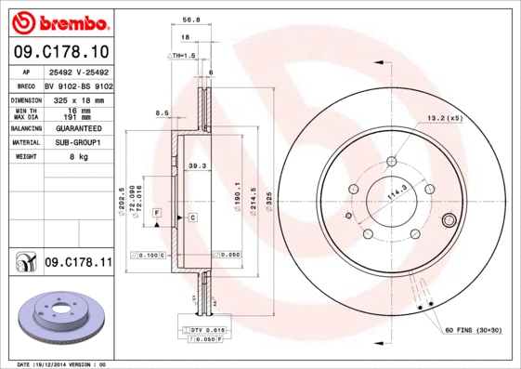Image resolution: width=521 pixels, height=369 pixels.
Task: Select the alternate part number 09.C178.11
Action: click(x=78, y=263)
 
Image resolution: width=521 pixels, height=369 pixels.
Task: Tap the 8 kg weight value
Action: click(x=78, y=157)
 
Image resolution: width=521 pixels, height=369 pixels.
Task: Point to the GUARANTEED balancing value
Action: click(x=78, y=128)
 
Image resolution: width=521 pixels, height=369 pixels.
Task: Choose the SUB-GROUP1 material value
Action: click(x=78, y=143)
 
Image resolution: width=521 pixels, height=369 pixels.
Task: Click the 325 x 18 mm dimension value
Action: click(x=78, y=99)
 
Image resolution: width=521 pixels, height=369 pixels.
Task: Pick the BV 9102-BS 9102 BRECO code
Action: click(x=78, y=85)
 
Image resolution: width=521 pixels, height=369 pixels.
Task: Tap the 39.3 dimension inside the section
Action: click(x=197, y=166)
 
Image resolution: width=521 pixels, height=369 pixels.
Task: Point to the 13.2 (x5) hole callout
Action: click(x=444, y=118)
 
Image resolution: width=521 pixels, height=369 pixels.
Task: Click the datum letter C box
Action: click(x=192, y=217)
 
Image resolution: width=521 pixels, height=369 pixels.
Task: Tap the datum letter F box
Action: click(x=157, y=214)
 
